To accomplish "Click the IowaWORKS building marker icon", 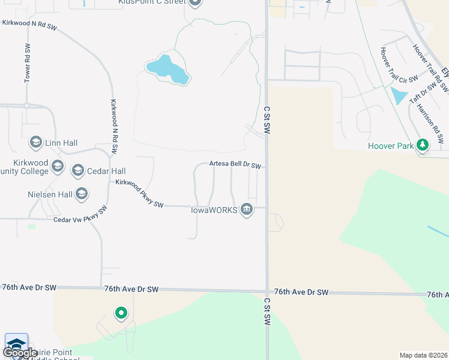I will (246, 209).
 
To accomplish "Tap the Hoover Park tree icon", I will (423, 145).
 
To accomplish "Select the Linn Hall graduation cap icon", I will (35, 143).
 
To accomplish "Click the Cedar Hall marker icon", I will (77, 171).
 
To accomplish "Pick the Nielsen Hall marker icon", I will (82, 194).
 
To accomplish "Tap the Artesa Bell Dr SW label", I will (235, 164).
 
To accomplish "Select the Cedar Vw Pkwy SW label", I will (80, 214).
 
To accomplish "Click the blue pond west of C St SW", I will (167, 69).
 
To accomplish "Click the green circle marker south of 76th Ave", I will (121, 313).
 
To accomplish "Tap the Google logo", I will (19, 353).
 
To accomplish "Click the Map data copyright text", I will (423, 355).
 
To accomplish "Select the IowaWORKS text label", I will (214, 210).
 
